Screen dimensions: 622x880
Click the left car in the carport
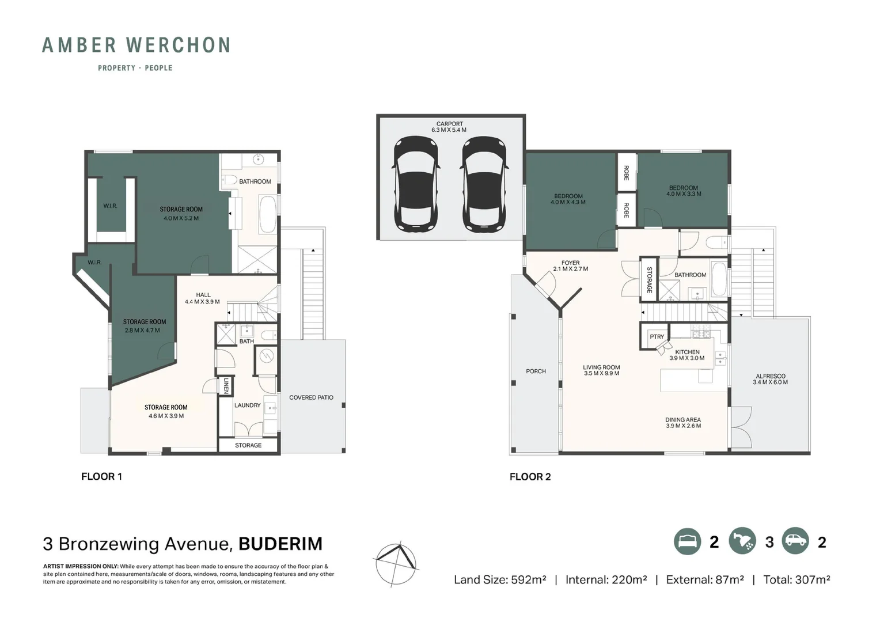416,184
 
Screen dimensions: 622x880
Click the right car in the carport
484,184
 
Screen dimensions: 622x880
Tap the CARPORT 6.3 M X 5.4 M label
449,127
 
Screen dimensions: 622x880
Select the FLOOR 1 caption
101,476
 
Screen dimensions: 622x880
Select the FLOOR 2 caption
530,476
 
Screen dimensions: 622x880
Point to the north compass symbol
396,564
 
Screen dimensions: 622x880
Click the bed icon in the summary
688,542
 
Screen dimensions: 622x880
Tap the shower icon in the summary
742,542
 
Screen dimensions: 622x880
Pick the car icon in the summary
795,542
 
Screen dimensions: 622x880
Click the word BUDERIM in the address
280,544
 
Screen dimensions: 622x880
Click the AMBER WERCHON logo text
136,45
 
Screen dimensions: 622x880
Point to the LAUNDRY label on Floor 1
247,405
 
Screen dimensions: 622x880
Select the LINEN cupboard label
226,386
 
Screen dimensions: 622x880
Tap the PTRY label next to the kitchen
657,337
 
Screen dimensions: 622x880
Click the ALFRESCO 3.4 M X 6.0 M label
770,379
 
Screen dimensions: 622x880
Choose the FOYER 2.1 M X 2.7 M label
570,266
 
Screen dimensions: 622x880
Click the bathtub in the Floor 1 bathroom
267,214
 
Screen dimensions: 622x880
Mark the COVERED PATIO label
311,397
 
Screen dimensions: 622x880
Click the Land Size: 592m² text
499,579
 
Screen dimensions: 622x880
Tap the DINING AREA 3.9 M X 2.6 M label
683,423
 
